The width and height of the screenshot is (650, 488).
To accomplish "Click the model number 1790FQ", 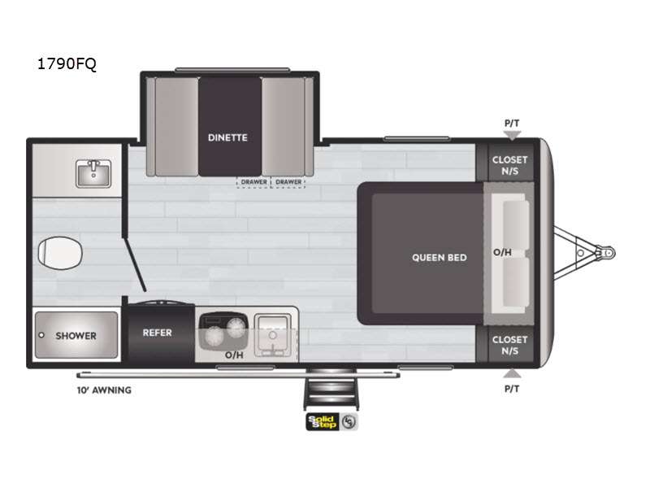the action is (x=67, y=64).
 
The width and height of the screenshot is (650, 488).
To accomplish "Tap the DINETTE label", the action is (x=227, y=137).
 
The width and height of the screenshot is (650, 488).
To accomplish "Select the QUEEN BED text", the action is (x=440, y=258).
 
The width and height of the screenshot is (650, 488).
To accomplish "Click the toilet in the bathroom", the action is (x=60, y=253).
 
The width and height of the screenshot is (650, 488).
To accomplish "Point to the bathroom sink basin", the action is (x=93, y=174).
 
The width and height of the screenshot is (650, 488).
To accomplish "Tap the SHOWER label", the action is (x=76, y=336).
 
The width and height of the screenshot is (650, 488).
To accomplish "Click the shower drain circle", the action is (x=41, y=335).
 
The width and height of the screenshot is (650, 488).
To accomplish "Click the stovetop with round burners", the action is (x=224, y=330).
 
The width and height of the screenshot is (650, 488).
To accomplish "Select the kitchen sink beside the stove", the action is (x=273, y=335).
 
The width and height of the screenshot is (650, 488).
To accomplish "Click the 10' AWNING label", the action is (x=104, y=390).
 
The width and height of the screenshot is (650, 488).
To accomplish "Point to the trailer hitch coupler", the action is (x=606, y=252).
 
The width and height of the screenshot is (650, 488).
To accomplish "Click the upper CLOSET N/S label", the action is (x=510, y=165).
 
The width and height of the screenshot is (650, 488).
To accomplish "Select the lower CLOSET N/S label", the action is (x=510, y=345).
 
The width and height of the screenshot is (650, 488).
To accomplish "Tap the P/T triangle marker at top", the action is (x=512, y=135).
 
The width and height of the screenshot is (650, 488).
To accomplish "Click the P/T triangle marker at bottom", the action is (x=512, y=373).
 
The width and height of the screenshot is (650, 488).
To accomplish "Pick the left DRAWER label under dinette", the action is (x=254, y=181).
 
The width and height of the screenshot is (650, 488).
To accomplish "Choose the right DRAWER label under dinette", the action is (x=288, y=181).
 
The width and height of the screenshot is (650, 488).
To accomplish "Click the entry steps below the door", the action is (x=331, y=389).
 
